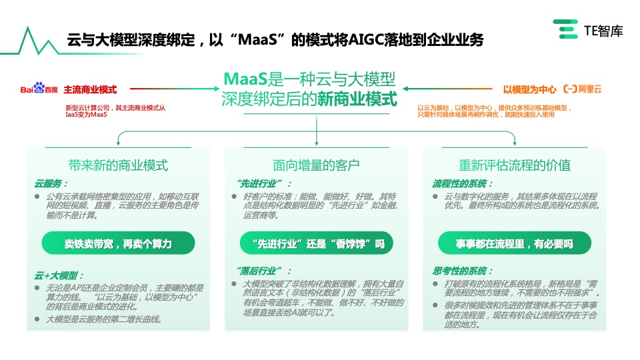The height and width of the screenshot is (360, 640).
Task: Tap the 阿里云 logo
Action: pyautogui.click(x=583, y=89)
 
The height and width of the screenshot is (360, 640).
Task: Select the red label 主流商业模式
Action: pyautogui.click(x=90, y=89)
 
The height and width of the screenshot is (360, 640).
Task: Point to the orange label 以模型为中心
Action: pyautogui.click(x=529, y=89)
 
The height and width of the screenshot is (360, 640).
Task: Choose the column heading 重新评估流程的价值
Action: pyautogui.click(x=514, y=165)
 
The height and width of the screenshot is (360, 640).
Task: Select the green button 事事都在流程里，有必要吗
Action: pyautogui.click(x=514, y=243)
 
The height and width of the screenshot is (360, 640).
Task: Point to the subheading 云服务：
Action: pyautogui.click(x=51, y=184)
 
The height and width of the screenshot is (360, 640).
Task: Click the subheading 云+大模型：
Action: pyautogui.click(x=59, y=275)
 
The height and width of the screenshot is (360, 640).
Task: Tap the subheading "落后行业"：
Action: pyautogui.click(x=263, y=271)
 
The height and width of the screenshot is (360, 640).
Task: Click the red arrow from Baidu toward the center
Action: pyautogui.click(x=169, y=89)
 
